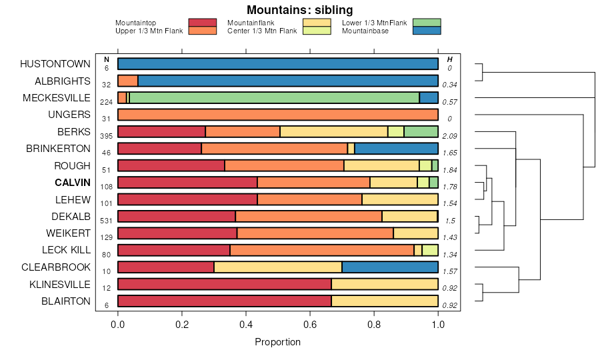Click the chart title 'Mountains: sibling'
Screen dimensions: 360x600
[x=299, y=10]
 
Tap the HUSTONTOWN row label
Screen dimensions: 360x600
[x=55, y=64]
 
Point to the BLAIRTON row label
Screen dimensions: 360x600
[x=65, y=301]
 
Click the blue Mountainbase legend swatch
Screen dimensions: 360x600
[x=426, y=31]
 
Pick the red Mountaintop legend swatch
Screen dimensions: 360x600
[x=202, y=23]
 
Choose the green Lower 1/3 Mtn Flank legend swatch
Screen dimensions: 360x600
[x=426, y=23]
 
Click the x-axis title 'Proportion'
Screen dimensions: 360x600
[x=277, y=342]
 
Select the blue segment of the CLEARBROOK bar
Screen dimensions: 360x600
[x=390, y=267]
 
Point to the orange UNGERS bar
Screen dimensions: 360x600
[x=278, y=115]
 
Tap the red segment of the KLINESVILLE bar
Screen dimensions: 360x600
[x=225, y=284]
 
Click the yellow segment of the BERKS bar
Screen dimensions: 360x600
[x=333, y=131]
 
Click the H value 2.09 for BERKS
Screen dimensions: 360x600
[x=450, y=136]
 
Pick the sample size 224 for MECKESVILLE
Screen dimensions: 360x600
[x=106, y=102]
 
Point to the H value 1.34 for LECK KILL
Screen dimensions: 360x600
[x=450, y=255]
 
